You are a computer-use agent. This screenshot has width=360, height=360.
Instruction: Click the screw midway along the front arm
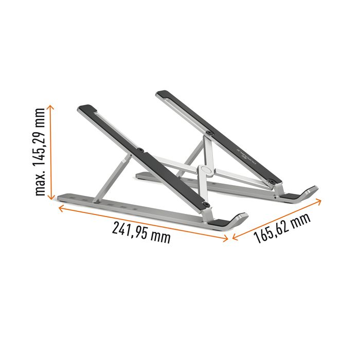pos(141,151)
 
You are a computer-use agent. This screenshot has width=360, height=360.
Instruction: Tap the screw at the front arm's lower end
pos(207,206)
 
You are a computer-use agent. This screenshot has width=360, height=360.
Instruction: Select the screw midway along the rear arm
pos(209,133)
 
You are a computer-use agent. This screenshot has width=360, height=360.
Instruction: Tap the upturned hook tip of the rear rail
pos(310,192)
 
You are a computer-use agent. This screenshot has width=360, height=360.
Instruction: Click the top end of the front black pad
pos(83,109)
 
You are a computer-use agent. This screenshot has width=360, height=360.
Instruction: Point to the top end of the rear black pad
pos(162,94)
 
